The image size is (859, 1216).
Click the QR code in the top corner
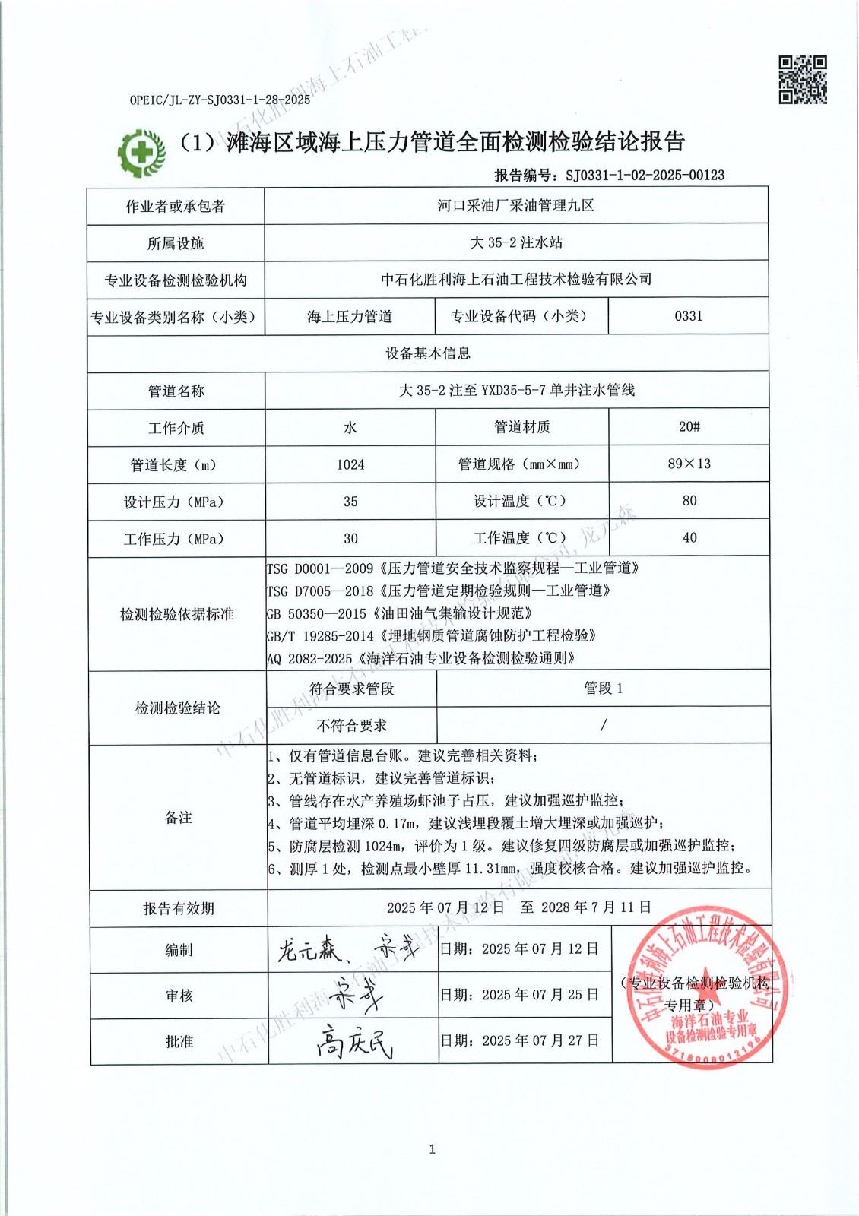(803, 79)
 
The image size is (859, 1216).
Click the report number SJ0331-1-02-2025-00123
(645, 175)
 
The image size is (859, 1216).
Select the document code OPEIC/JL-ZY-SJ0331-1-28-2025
(220, 100)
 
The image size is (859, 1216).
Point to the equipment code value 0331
(689, 316)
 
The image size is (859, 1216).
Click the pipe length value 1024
(350, 464)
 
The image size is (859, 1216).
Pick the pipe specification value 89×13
(689, 464)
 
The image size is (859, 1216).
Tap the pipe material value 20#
(689, 427)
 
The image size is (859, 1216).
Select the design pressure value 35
(350, 502)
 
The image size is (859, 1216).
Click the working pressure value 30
(350, 538)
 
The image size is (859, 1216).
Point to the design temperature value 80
(689, 501)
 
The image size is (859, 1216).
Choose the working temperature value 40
(689, 538)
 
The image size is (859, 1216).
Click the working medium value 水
(350, 428)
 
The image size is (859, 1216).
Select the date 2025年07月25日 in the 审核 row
(540, 995)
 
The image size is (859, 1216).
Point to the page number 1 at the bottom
(432, 1149)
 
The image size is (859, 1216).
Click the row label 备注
(178, 818)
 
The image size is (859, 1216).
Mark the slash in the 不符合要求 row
(603, 726)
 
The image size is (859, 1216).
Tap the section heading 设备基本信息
(428, 353)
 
